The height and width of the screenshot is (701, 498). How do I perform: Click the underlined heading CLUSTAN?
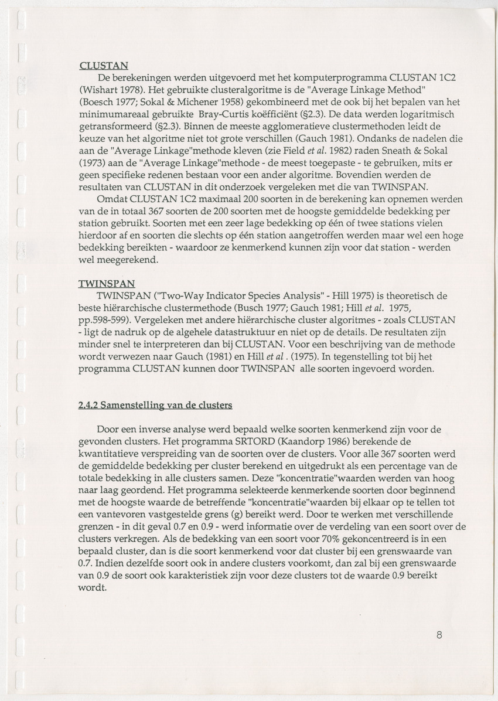coord(104,66)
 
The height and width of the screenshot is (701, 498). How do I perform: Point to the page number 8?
coord(439,634)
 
